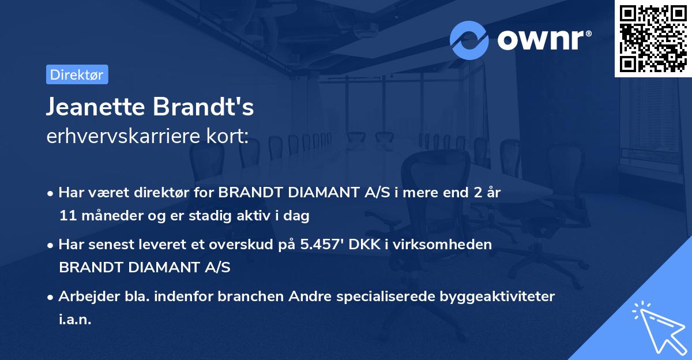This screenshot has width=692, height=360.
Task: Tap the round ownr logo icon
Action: click(469, 40)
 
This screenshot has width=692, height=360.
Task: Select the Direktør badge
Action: click(77, 74)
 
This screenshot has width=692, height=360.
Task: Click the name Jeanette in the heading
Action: click(95, 107)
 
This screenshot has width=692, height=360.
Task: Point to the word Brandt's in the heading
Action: click(202, 107)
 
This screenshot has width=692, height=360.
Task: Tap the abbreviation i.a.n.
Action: click(75, 319)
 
